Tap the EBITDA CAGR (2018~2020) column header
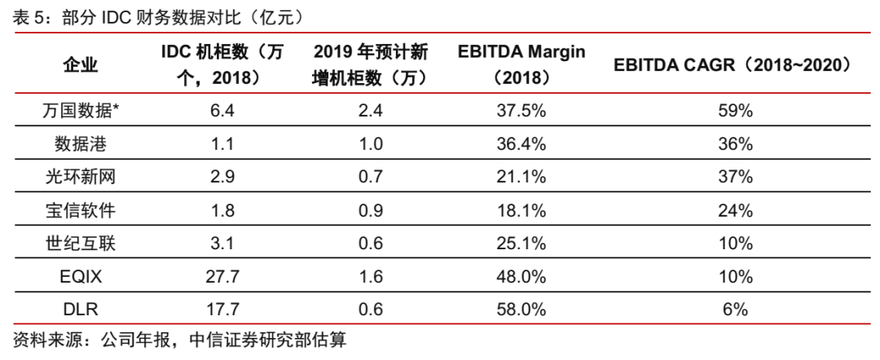click(x=733, y=65)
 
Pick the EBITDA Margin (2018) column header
click(x=521, y=65)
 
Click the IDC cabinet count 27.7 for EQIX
click(x=222, y=276)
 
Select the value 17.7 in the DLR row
click(x=222, y=309)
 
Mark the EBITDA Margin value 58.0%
click(x=521, y=309)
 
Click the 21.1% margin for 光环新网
click(x=521, y=177)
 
